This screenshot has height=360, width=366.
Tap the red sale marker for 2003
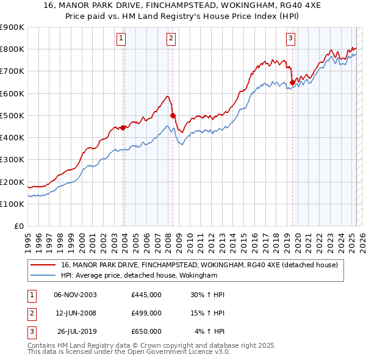(x=123, y=128)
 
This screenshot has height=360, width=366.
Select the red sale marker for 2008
(x=173, y=115)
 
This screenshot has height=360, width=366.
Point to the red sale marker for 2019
(x=292, y=82)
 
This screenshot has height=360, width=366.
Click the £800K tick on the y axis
(x=12, y=49)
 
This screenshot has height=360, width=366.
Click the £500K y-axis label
(x=12, y=115)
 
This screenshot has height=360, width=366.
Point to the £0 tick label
(x=18, y=226)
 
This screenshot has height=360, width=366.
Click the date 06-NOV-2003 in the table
(x=75, y=295)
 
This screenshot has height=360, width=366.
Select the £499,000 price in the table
(x=146, y=313)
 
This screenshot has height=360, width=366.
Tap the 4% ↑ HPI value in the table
(x=210, y=331)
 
